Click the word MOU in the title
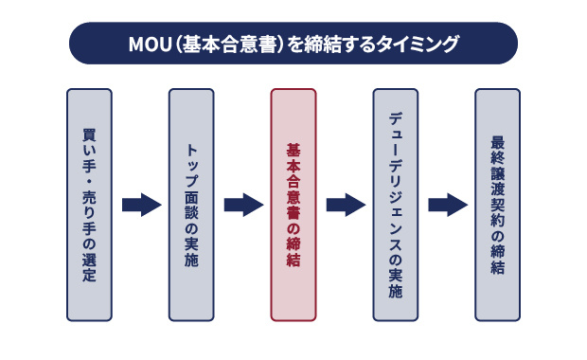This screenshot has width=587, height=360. coord(147,44)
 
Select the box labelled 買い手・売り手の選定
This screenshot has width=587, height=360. coord(89,205)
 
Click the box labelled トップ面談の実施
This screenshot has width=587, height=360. coord(191,205)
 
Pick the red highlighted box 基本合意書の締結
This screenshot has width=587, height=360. coord(293,205)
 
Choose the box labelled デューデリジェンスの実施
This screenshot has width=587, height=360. coord(396,205)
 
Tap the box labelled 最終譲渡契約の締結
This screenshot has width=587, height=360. coord(497,205)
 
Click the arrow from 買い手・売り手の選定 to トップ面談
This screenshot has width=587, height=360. coord(140,205)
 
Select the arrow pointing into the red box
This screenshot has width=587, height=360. coord(242,205)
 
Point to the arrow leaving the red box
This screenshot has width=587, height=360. coord(345,205)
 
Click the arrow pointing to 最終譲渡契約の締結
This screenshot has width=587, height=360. coord(447,205)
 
